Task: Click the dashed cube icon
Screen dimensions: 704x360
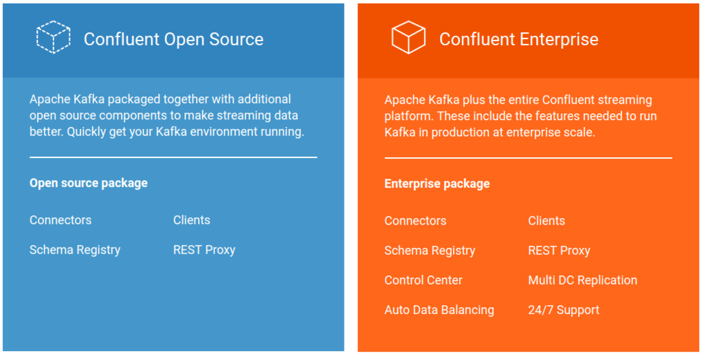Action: (x=53, y=37)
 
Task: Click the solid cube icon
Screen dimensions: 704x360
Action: (x=408, y=37)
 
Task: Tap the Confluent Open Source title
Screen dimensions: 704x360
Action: (x=173, y=39)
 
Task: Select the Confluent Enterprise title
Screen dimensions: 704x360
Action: (x=518, y=39)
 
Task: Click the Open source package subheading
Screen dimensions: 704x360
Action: (x=89, y=183)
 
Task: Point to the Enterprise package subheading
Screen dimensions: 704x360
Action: (x=437, y=184)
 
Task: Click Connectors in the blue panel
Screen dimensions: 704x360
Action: (x=60, y=220)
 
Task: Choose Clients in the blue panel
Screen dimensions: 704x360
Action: (x=192, y=220)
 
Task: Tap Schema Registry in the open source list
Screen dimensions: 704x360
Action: (x=75, y=250)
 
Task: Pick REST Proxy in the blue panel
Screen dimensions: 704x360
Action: (x=204, y=250)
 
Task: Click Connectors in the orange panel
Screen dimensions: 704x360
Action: (x=415, y=221)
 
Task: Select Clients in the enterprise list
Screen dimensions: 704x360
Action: (x=547, y=221)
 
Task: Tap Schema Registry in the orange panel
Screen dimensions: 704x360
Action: (x=430, y=251)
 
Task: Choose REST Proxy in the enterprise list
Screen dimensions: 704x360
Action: (x=559, y=251)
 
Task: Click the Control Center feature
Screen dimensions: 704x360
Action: (x=423, y=280)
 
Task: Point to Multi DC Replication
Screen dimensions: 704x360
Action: (x=583, y=280)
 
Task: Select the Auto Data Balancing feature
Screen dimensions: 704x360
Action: (x=439, y=310)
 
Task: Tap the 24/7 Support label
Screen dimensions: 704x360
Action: (x=564, y=310)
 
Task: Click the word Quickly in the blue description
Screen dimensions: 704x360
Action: (x=88, y=133)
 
